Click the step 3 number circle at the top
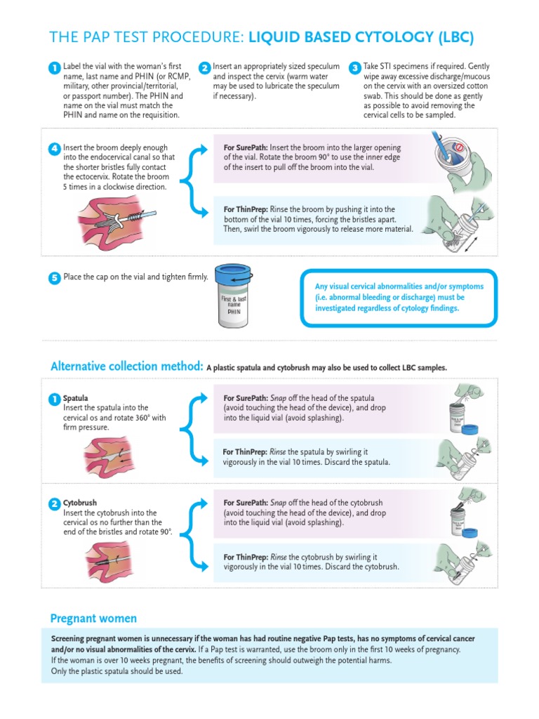pyautogui.click(x=354, y=68)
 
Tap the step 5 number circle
pyautogui.click(x=55, y=278)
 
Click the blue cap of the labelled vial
pyautogui.click(x=234, y=275)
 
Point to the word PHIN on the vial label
pyautogui.click(x=234, y=312)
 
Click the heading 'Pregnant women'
pyautogui.click(x=93, y=619)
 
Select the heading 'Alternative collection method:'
pyautogui.click(x=127, y=367)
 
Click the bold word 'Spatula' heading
pyautogui.click(x=76, y=398)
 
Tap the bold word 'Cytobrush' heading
pyautogui.click(x=80, y=503)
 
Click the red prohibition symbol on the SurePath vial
pyautogui.click(x=459, y=147)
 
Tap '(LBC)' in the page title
pyautogui.click(x=455, y=38)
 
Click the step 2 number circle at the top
pyautogui.click(x=204, y=68)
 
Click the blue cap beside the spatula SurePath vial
pyautogui.click(x=470, y=429)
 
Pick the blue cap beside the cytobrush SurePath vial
pyautogui.click(x=470, y=533)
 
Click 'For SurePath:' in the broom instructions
pyautogui.click(x=246, y=147)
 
